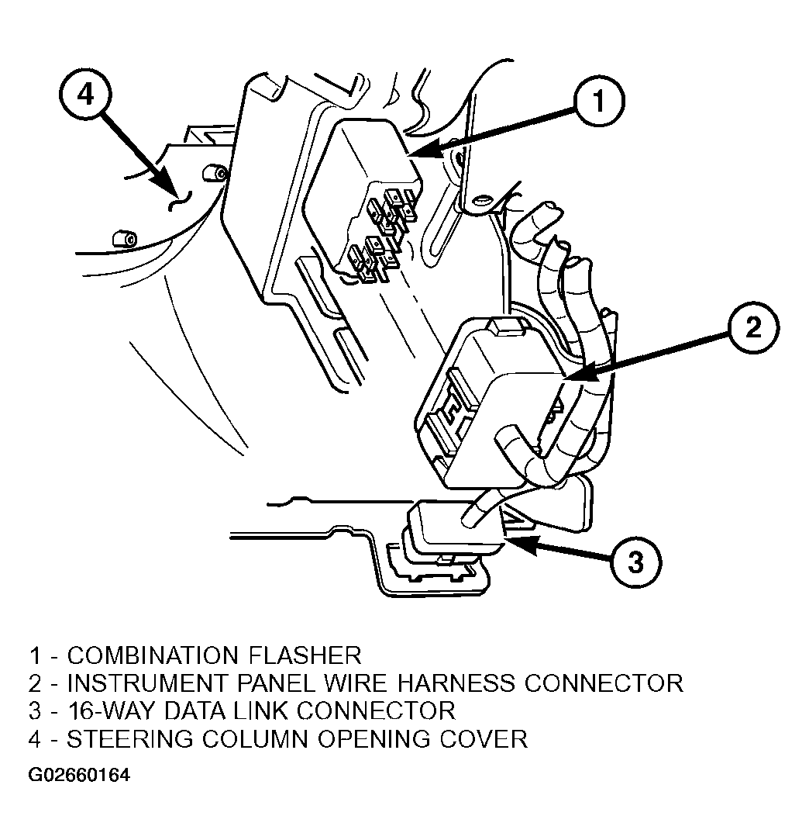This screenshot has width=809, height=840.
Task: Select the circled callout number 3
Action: coord(635,562)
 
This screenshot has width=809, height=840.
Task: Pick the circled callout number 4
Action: coord(85,95)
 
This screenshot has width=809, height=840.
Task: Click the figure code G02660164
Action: coord(79,775)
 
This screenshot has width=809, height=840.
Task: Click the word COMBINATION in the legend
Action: coord(153,655)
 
